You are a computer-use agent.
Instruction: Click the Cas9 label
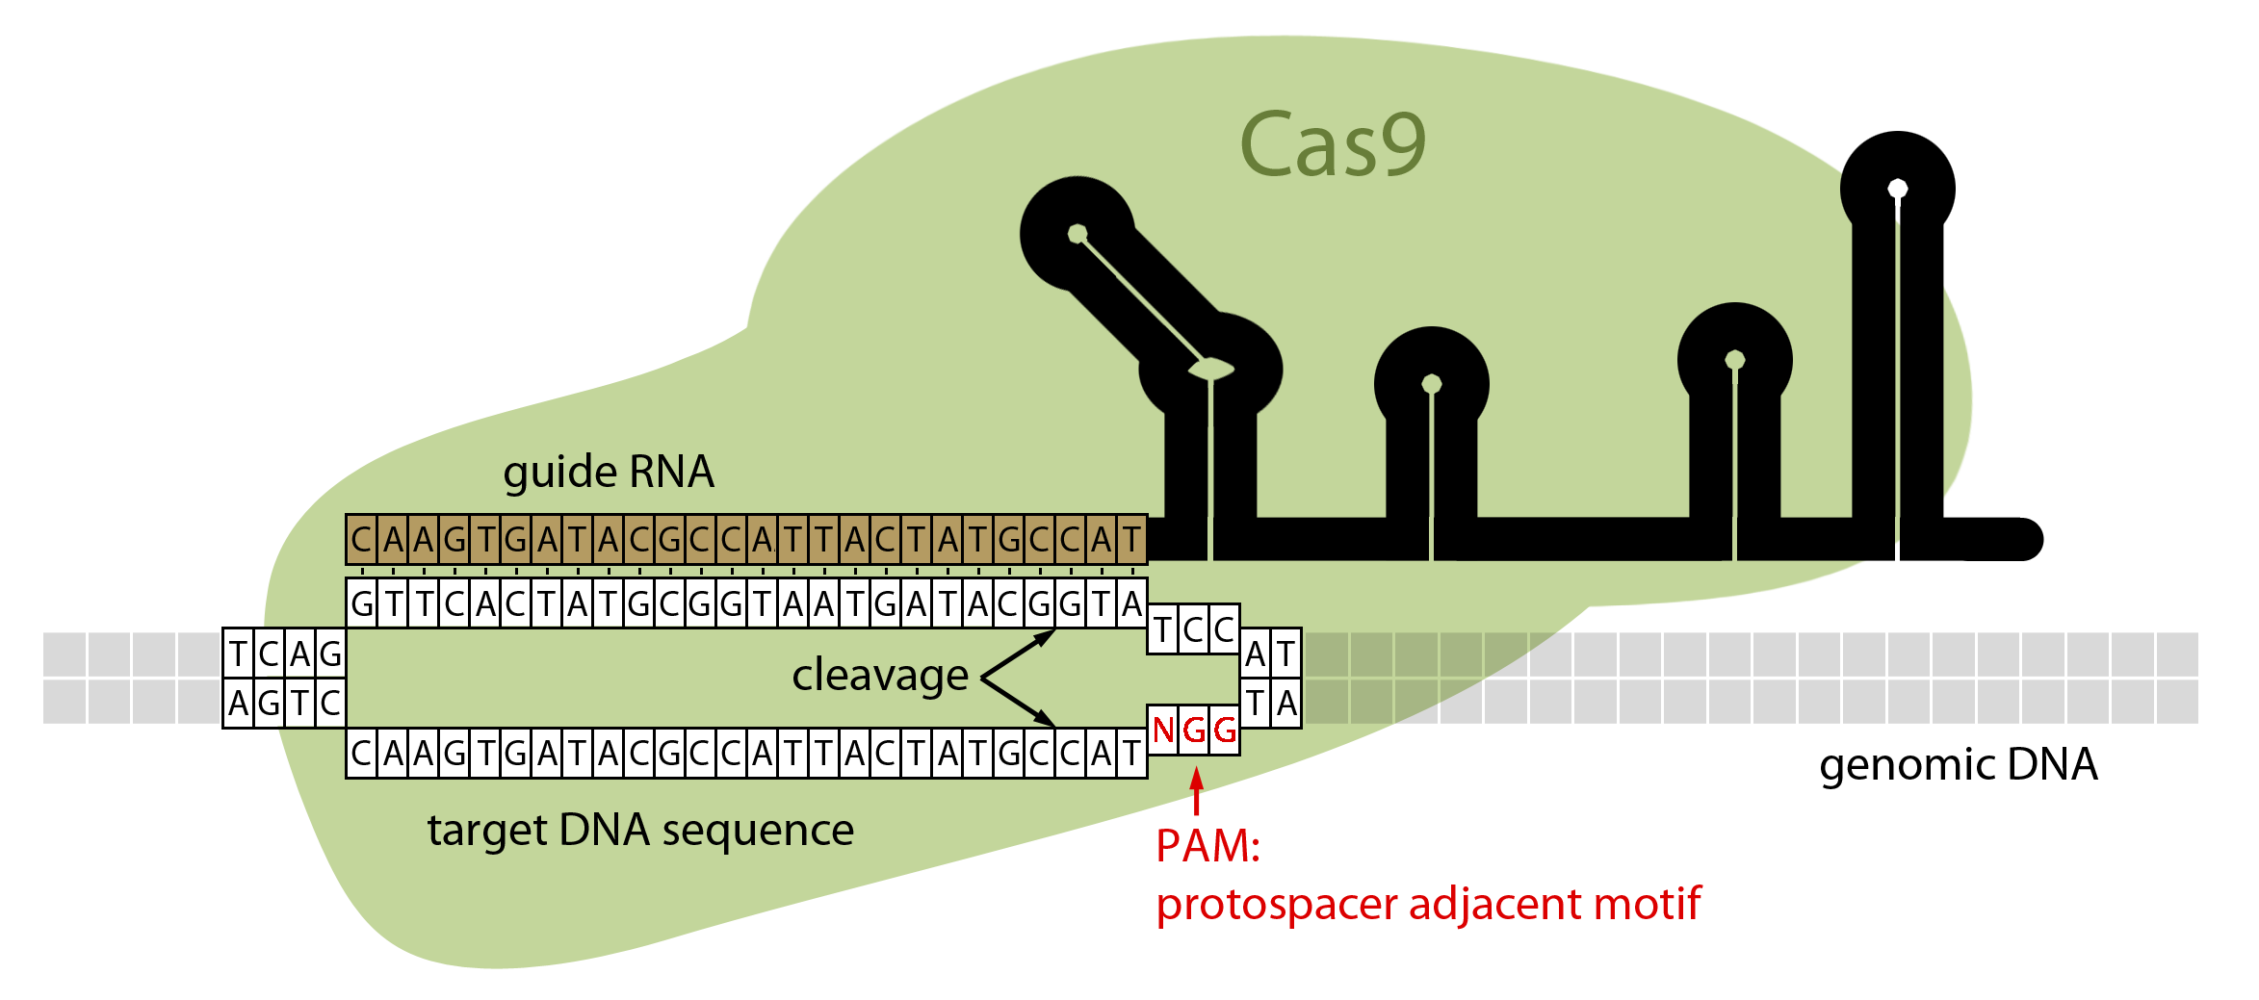[1332, 144]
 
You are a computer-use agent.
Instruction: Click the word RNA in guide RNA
[671, 472]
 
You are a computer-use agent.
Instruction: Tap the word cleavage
[879, 675]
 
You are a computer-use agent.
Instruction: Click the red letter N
[1163, 731]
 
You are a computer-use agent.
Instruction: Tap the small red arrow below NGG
[1196, 790]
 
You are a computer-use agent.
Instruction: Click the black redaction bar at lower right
[1959, 768]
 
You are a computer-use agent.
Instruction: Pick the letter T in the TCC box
[1162, 629]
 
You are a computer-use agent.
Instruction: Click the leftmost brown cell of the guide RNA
[361, 540]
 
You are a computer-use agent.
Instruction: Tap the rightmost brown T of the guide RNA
[1131, 540]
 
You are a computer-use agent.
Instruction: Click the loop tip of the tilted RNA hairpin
[1078, 234]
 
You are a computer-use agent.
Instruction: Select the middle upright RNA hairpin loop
[1432, 384]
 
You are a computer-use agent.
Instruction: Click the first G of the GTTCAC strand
[362, 604]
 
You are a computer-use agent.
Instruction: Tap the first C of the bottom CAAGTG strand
[361, 754]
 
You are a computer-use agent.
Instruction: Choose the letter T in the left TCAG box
[238, 654]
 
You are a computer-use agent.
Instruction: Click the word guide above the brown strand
[559, 472]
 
